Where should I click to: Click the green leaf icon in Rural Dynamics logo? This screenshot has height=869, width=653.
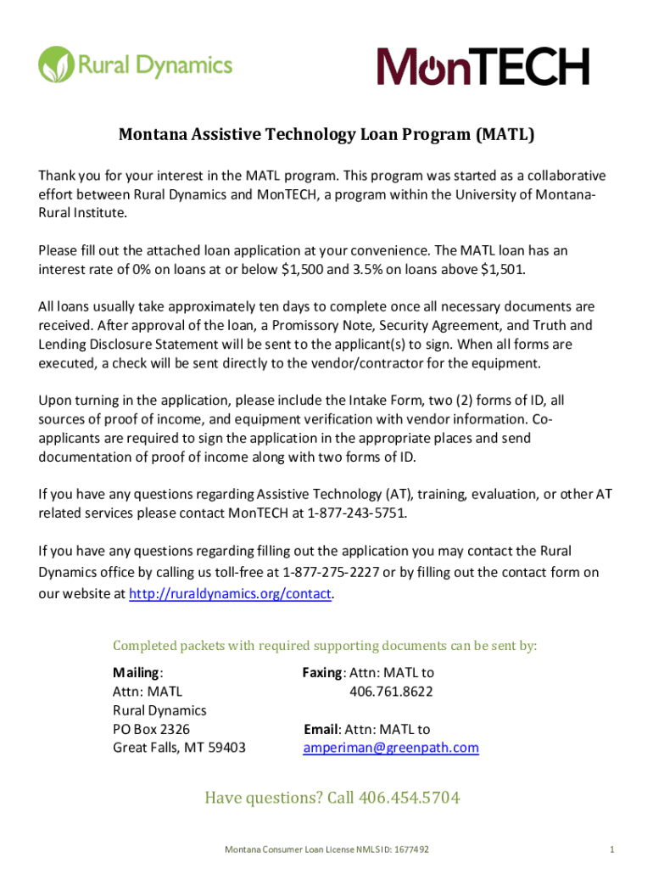pos(56,64)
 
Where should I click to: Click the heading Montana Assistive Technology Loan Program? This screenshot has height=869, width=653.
pos(326,135)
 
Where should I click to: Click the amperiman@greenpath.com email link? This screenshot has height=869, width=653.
pos(391,748)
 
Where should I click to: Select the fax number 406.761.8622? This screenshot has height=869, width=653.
pos(391,692)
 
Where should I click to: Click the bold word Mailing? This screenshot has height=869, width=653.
pos(136,673)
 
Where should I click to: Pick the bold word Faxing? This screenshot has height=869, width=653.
pos(322,673)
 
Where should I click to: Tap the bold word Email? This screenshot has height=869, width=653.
pos(321,729)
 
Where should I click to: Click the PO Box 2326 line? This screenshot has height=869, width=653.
pos(151,729)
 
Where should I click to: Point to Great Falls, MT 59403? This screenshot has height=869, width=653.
pos(179,748)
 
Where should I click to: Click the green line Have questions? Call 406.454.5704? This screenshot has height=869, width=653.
pos(332,798)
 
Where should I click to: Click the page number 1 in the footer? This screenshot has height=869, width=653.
pos(611,849)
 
